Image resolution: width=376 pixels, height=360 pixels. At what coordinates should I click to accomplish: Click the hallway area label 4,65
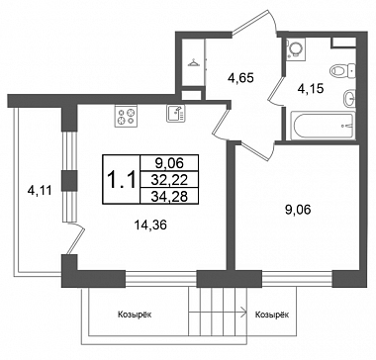(x=240, y=79)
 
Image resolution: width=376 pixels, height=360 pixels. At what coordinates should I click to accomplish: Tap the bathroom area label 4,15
(x=311, y=88)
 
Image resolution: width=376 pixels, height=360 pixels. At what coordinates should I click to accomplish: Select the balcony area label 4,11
(x=40, y=191)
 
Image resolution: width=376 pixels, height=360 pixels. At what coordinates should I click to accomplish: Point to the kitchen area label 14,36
(x=150, y=225)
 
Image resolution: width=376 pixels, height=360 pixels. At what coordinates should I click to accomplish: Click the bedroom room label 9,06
(x=299, y=209)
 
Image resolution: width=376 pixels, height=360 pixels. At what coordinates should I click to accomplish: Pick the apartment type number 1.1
(x=122, y=180)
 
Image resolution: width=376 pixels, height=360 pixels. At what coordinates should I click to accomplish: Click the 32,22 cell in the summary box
(x=169, y=180)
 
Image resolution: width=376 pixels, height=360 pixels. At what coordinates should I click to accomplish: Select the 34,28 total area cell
(x=169, y=196)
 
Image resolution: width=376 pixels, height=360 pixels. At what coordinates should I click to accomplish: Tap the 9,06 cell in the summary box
(x=169, y=163)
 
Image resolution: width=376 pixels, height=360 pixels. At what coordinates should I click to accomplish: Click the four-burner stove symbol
(x=126, y=116)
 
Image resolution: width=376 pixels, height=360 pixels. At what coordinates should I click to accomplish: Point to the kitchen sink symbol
(x=176, y=114)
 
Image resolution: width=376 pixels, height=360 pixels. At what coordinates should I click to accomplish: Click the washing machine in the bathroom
(x=296, y=48)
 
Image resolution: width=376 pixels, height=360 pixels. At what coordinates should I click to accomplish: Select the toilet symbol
(x=343, y=70)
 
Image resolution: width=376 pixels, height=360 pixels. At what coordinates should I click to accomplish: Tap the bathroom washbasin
(x=349, y=98)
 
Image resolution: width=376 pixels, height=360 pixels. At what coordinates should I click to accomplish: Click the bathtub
(x=323, y=126)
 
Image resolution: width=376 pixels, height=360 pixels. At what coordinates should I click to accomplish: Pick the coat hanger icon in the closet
(x=193, y=62)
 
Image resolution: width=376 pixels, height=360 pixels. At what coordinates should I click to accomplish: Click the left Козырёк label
(x=135, y=315)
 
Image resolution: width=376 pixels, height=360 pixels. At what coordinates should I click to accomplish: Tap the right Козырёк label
(x=272, y=315)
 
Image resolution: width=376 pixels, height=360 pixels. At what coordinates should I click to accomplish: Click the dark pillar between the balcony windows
(x=69, y=181)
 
